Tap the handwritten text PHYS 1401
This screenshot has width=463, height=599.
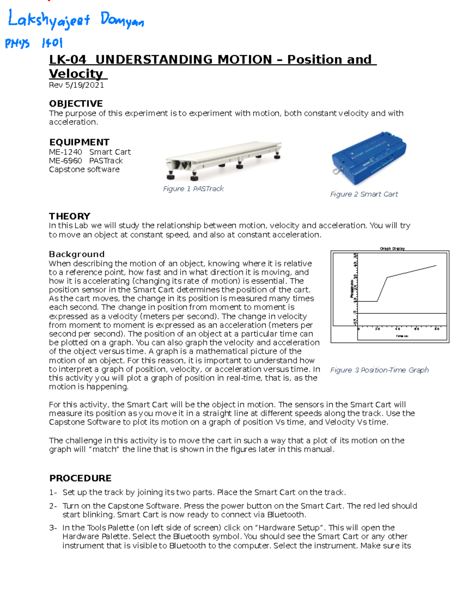tap(34, 43)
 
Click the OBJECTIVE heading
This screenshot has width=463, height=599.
tap(76, 103)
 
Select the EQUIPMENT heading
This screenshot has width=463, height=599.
tap(79, 142)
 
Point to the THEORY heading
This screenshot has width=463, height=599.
tap(69, 216)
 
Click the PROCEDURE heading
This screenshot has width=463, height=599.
tap(80, 478)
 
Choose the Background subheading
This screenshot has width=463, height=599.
tap(76, 254)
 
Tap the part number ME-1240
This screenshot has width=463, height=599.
tap(65, 152)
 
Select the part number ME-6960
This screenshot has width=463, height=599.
tap(65, 161)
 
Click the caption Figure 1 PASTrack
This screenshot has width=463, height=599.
tap(193, 189)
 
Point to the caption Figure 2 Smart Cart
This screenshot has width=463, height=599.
tap(364, 194)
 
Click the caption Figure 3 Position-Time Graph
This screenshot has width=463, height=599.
tap(379, 370)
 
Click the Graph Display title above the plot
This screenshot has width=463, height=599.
tap(392, 249)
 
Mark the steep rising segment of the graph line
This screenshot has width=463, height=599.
tap(382, 289)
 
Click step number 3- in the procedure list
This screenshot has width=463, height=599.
tap(53, 528)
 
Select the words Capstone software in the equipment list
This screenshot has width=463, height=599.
tap(84, 170)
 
